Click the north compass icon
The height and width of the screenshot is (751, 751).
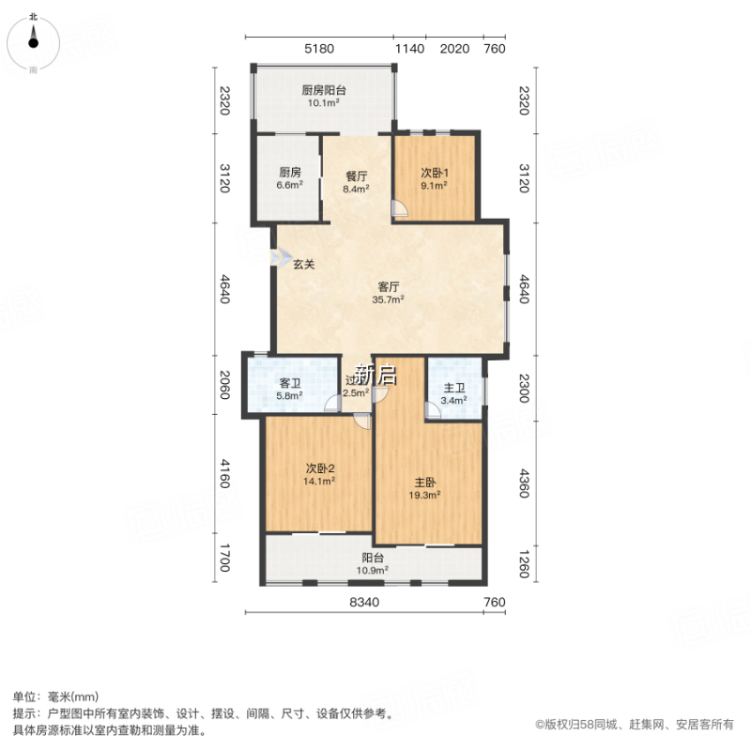tap(34, 38)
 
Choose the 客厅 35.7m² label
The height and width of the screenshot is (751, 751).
tap(390, 294)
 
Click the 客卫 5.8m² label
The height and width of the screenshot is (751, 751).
tap(290, 389)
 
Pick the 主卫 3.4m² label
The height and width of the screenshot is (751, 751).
tap(454, 389)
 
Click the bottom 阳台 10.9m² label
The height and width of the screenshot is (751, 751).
tap(374, 563)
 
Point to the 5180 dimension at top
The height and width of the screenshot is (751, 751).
tap(319, 49)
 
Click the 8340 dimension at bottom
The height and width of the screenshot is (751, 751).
tap(364, 602)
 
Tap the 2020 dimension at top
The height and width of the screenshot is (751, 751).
tap(454, 49)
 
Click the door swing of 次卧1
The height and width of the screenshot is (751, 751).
tap(399, 208)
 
